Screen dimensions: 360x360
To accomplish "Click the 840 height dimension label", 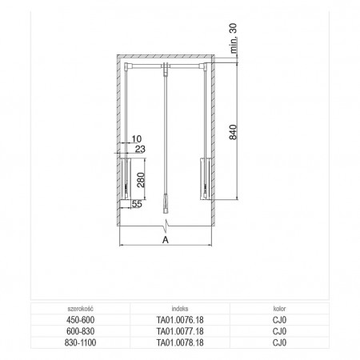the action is tap(233, 132).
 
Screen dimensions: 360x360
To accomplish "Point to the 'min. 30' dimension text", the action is tap(233, 38).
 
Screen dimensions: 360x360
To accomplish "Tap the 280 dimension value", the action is tap(141, 180).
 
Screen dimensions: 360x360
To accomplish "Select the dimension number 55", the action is tap(137, 204).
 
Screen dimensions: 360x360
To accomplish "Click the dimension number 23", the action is tap(140, 149).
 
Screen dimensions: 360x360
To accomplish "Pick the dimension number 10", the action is tap(137, 139).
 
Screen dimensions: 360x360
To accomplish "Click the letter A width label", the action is tap(166, 240).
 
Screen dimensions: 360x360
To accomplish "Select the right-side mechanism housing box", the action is tap(206, 178).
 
